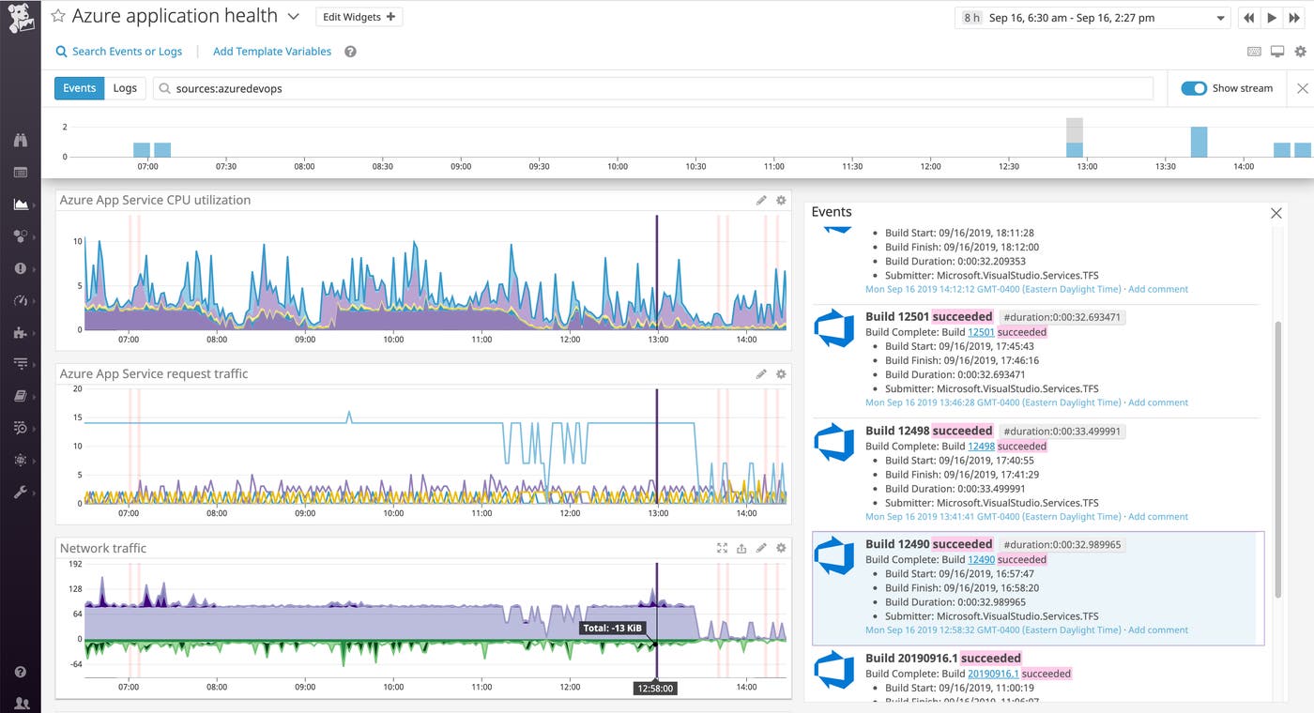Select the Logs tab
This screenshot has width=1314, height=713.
[125, 88]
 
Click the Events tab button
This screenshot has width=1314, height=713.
[79, 88]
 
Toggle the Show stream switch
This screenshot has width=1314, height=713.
[1194, 88]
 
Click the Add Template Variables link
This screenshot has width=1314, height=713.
[272, 52]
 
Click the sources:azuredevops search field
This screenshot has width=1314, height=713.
[652, 88]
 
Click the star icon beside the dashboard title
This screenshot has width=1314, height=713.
[58, 17]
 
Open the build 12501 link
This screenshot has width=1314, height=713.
[981, 332]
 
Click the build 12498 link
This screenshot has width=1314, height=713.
[981, 446]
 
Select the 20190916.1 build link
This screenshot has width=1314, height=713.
[993, 674]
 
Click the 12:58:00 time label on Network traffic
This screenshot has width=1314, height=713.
[655, 688]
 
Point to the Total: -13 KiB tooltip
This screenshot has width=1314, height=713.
[613, 628]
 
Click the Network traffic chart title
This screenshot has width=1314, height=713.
[103, 548]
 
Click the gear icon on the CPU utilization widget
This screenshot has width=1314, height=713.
[781, 200]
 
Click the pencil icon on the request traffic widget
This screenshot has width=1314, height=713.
[761, 374]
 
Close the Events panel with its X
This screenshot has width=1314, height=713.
[1276, 213]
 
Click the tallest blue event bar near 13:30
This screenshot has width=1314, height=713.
[1199, 142]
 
